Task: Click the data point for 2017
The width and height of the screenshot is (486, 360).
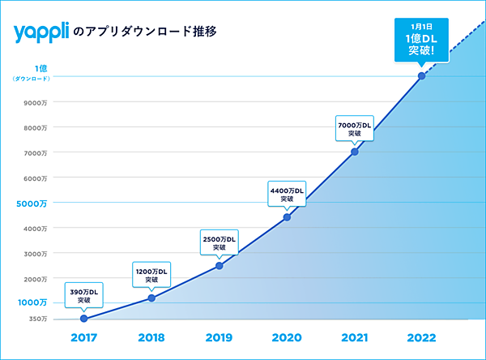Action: point(84,319)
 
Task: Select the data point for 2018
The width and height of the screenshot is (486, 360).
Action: point(151,298)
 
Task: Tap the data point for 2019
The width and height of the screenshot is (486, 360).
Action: point(219,265)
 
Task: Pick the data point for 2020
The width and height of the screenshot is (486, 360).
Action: point(287,217)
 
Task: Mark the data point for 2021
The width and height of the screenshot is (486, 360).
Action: point(354,152)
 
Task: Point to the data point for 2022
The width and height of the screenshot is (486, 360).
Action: point(421,76)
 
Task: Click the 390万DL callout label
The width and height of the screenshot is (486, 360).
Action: point(84,295)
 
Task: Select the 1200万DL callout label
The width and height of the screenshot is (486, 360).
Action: point(151,275)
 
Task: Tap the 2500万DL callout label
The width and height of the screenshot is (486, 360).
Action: point(219,242)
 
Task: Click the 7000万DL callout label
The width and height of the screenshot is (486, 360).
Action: point(354,129)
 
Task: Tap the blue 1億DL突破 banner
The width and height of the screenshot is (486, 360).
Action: point(421,39)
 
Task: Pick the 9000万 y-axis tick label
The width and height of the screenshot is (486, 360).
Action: point(36,102)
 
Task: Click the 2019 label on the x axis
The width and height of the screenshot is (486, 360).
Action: point(219,337)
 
